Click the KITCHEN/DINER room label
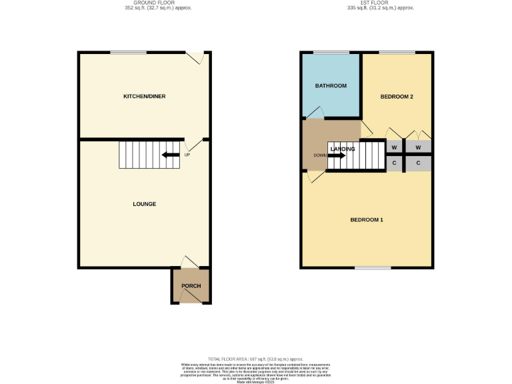click(144, 97)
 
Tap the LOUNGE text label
click(144, 204)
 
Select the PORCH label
click(191, 286)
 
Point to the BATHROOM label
click(331, 86)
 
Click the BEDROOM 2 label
click(397, 97)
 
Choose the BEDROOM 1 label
click(367, 219)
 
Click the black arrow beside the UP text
click(171, 155)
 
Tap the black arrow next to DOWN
click(336, 155)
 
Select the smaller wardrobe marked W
click(394, 147)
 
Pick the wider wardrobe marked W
click(418, 147)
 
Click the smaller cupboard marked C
click(394, 163)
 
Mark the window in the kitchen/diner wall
click(129, 53)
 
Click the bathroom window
click(331, 53)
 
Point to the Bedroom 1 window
click(373, 268)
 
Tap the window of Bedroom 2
click(397, 53)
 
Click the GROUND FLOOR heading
click(145, 3)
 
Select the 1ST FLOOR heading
click(367, 3)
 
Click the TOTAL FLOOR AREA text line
click(256, 359)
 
